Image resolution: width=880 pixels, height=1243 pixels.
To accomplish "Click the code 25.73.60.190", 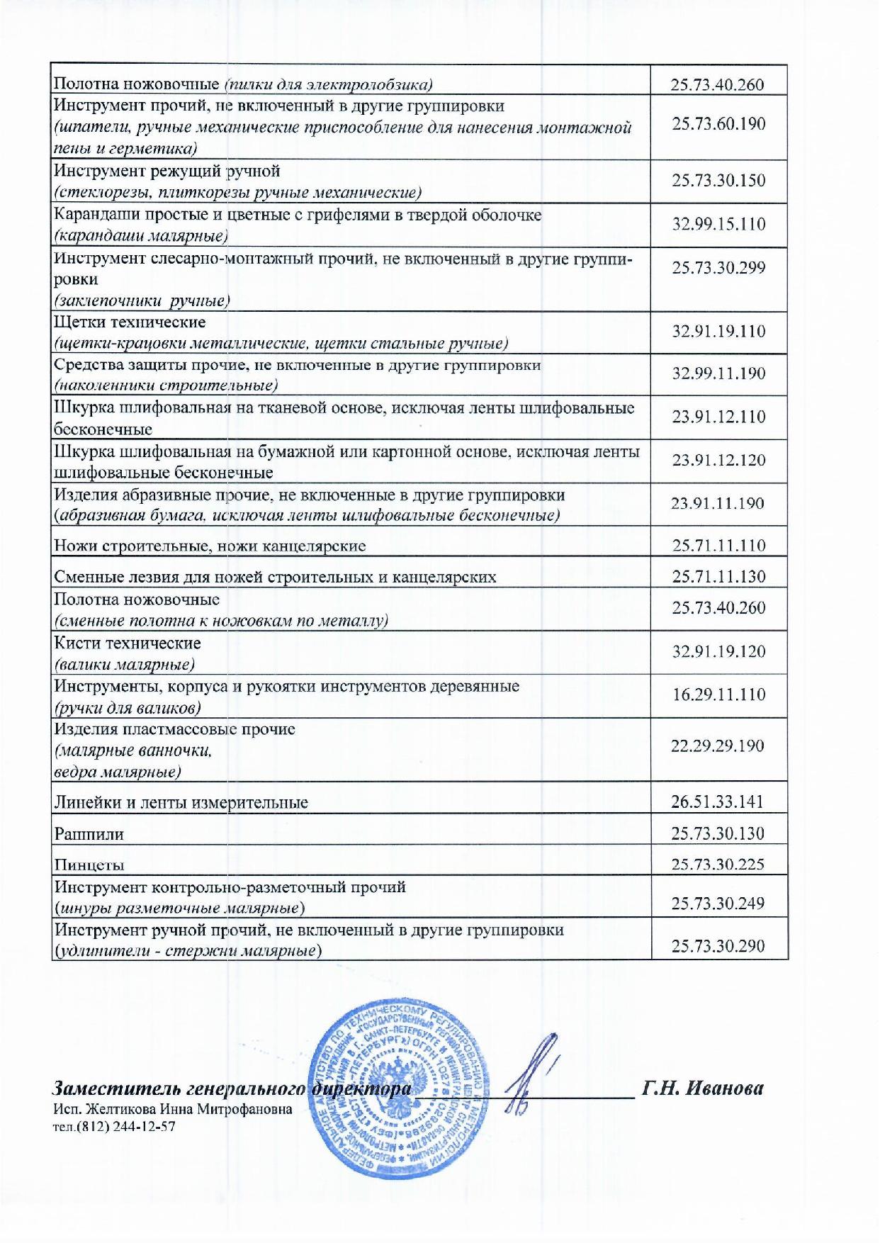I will coord(718,124).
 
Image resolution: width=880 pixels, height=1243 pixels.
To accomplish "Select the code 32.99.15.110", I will coord(718,224).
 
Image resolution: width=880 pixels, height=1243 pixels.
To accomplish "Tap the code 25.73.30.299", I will coord(718,268).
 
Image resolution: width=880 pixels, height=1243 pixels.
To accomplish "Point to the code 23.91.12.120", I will coord(718,460).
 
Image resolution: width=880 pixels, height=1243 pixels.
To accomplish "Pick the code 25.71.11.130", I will coord(718,576).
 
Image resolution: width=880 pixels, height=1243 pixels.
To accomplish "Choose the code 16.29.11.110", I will coord(718,694).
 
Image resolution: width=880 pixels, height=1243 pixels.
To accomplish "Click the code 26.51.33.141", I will coord(717,802).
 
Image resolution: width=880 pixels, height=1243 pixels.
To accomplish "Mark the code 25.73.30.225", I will coord(717,863).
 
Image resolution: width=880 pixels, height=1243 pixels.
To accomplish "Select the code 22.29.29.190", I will coord(717,746).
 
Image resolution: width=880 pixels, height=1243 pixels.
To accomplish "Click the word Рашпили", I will coord(89,834).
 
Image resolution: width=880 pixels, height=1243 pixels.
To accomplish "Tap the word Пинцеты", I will coord(89,865).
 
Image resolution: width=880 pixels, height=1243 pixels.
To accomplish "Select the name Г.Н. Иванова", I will coord(702,1089).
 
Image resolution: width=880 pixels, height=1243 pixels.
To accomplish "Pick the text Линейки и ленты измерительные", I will coord(181,803).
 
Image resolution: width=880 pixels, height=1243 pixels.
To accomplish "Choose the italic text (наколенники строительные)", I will coord(166,386).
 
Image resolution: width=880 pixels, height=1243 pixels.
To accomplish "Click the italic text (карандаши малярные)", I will coord(141,236).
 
